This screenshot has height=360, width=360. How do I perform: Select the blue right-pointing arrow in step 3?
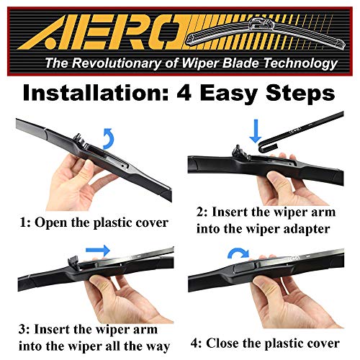(96, 252)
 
